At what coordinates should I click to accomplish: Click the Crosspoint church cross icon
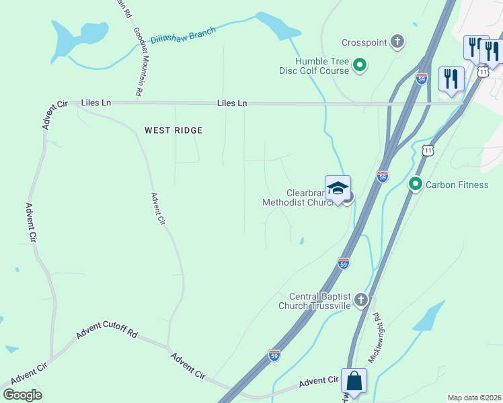click(397, 42)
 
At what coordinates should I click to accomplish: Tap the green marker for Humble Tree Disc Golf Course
click(360, 65)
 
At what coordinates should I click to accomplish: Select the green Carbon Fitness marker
click(415, 183)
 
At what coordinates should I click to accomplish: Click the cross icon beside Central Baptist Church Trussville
click(362, 300)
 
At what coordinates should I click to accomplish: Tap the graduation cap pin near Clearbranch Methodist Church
click(338, 187)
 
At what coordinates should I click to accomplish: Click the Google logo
click(22, 394)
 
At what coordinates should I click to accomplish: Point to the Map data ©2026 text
click(474, 398)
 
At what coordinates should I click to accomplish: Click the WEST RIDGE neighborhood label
click(173, 130)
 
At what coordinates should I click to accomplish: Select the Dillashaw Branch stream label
click(182, 35)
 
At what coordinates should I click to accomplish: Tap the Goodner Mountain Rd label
click(141, 60)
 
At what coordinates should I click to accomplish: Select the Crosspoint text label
click(364, 42)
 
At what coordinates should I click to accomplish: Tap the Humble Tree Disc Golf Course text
click(314, 65)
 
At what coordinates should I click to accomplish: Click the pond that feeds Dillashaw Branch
click(275, 25)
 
